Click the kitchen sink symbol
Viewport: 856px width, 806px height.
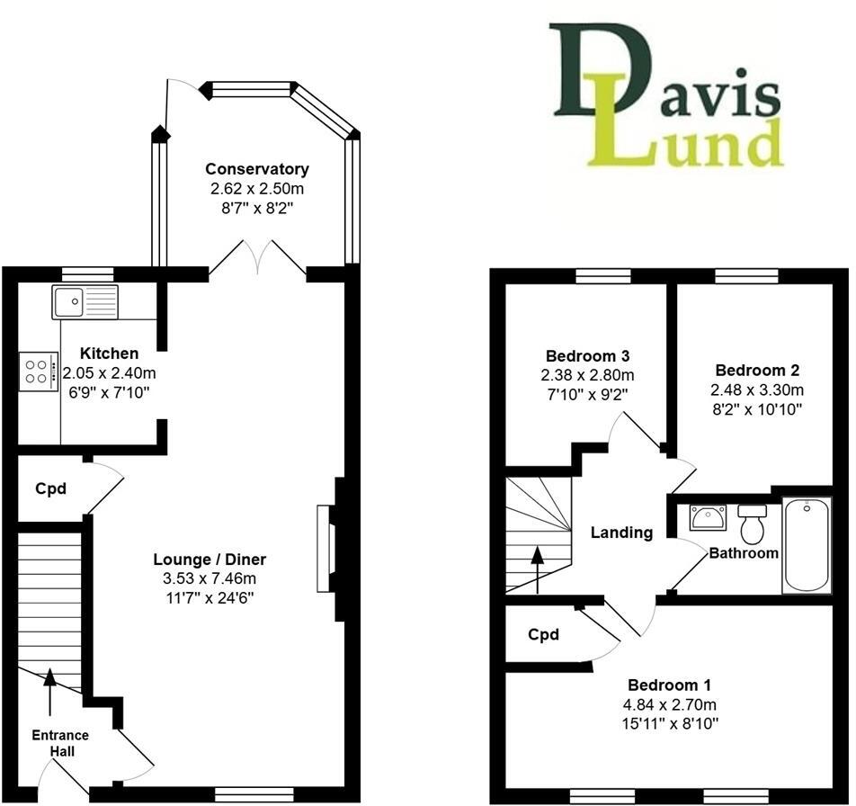tap(85, 300)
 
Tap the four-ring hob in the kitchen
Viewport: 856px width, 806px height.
tap(36, 372)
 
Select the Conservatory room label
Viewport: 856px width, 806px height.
tap(256, 169)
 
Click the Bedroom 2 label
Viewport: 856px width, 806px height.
tap(757, 370)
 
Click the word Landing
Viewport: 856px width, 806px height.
tap(621, 533)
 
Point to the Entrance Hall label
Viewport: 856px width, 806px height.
tap(60, 743)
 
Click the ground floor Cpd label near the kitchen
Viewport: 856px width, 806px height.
tap(50, 489)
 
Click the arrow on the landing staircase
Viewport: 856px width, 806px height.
tap(538, 570)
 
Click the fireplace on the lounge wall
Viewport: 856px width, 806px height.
tap(327, 548)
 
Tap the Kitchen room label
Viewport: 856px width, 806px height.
tap(109, 354)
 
